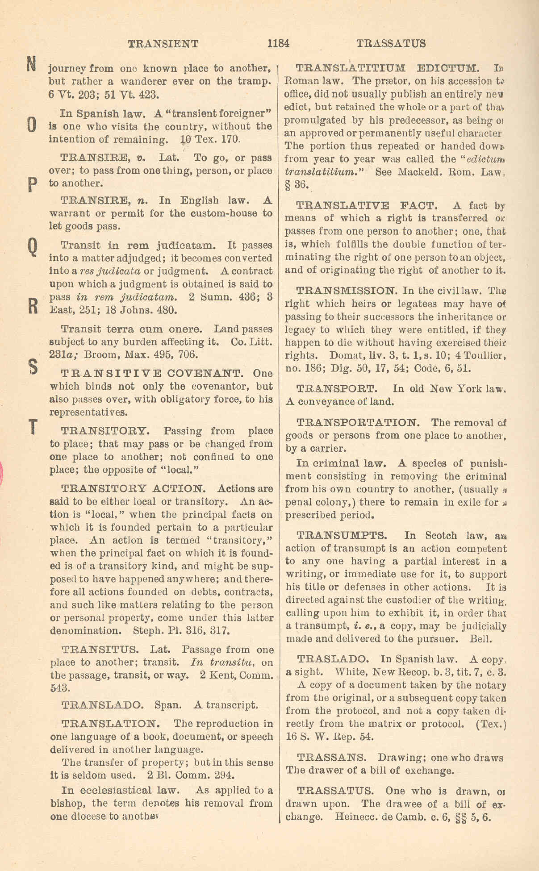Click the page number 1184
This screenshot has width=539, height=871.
278,43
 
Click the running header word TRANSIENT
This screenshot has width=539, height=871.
163,44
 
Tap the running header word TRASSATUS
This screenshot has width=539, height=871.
391,43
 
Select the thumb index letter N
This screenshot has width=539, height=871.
30,64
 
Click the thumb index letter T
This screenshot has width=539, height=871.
32,427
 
